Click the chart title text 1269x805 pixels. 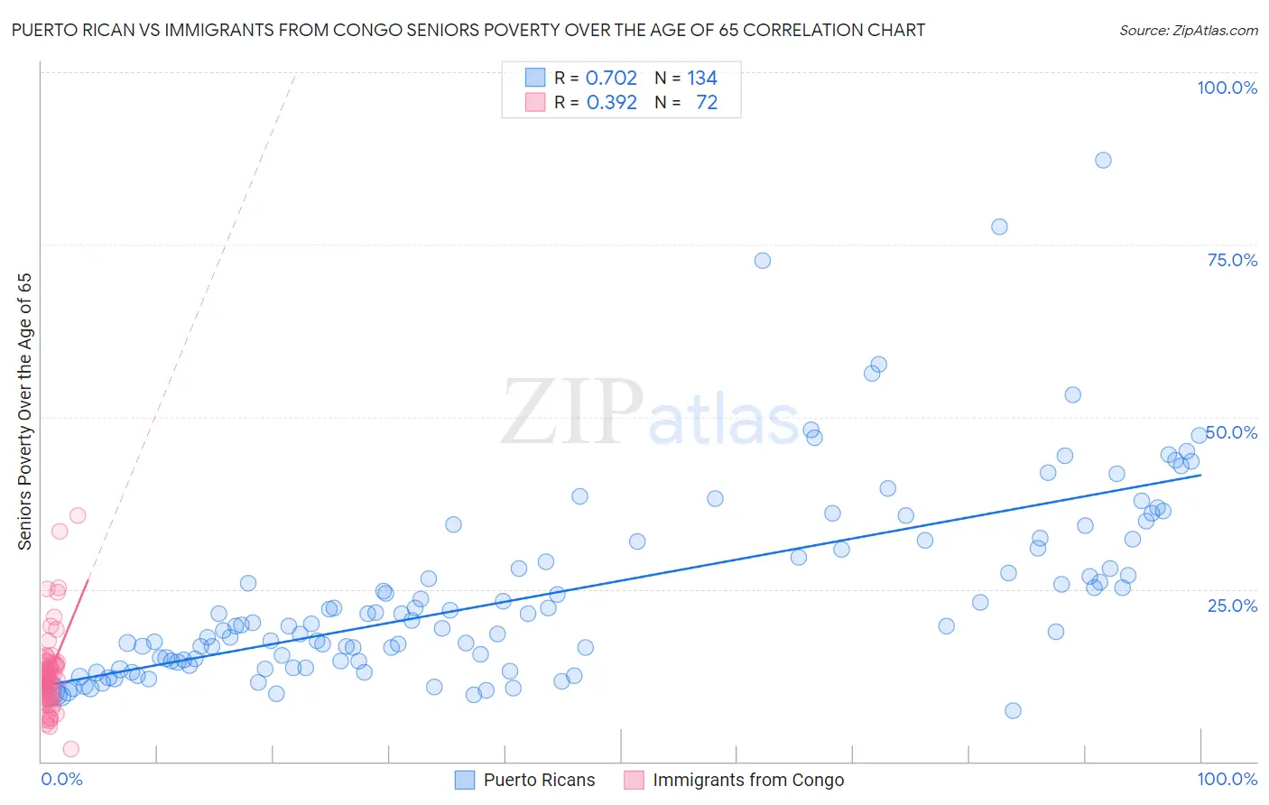(x=468, y=30)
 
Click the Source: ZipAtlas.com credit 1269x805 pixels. (x=1188, y=30)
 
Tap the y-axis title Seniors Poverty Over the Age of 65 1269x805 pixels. (x=25, y=411)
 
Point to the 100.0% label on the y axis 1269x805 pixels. (x=1227, y=88)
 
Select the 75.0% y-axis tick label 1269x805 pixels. (x=1232, y=260)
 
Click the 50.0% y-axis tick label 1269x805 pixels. (x=1232, y=432)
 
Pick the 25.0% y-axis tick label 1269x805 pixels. (x=1232, y=605)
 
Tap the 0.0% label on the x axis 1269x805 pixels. (x=61, y=779)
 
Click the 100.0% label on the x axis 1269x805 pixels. (x=1227, y=779)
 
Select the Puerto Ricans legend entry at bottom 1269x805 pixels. (x=539, y=780)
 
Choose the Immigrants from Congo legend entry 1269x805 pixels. (x=747, y=780)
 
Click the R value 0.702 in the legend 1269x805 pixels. (x=611, y=79)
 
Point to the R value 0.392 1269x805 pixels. (x=611, y=103)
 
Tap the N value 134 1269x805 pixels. (x=702, y=79)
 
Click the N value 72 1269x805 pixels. (x=707, y=103)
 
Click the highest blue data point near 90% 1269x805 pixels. (x=1103, y=160)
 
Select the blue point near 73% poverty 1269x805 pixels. (x=763, y=261)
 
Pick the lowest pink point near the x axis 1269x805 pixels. (x=71, y=749)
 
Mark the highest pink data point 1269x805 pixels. (x=78, y=515)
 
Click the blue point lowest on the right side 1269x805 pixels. (x=1013, y=710)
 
